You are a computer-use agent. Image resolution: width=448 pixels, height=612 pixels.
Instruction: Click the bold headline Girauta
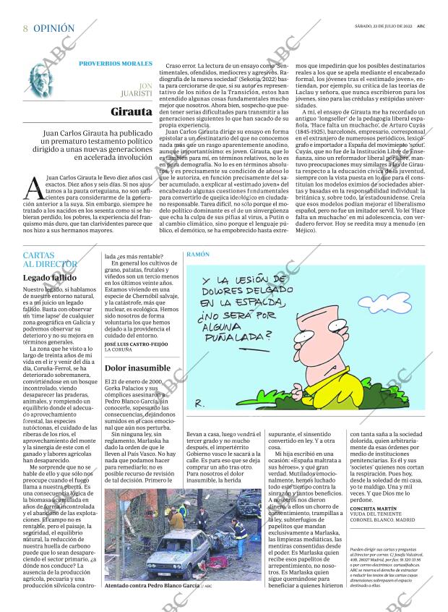pos(132,112)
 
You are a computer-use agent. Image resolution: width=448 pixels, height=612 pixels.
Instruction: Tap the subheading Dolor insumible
pos(138,367)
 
